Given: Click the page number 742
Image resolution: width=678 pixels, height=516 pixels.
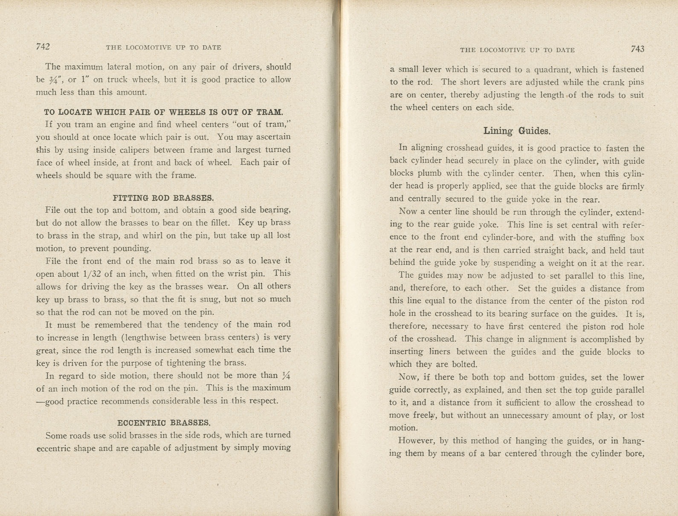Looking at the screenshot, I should pos(43,46).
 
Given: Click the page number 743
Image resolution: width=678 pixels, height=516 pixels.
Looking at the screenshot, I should pos(637,49).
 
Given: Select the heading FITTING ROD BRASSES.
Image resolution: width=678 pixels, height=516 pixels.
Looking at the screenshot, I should pos(163,198).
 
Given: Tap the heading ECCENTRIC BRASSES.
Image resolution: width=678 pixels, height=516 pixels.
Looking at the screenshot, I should pos(164,423).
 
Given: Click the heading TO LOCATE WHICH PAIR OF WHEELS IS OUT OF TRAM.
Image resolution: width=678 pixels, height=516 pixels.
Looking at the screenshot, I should pos(163,112).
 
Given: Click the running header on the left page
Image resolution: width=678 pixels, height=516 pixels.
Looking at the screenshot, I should pos(163,48).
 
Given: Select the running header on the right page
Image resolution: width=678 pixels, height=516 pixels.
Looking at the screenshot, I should pos(517,50).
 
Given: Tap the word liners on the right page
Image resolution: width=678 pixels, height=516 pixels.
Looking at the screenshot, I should pos(441,352).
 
